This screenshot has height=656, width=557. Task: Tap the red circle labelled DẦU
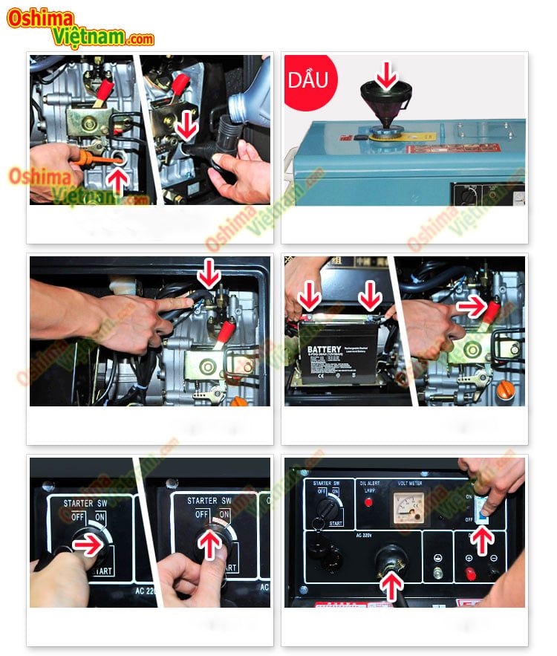(308, 79)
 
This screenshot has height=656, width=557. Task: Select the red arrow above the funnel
(385, 74)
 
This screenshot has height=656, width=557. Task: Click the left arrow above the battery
(310, 298)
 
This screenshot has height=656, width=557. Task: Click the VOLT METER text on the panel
(408, 483)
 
